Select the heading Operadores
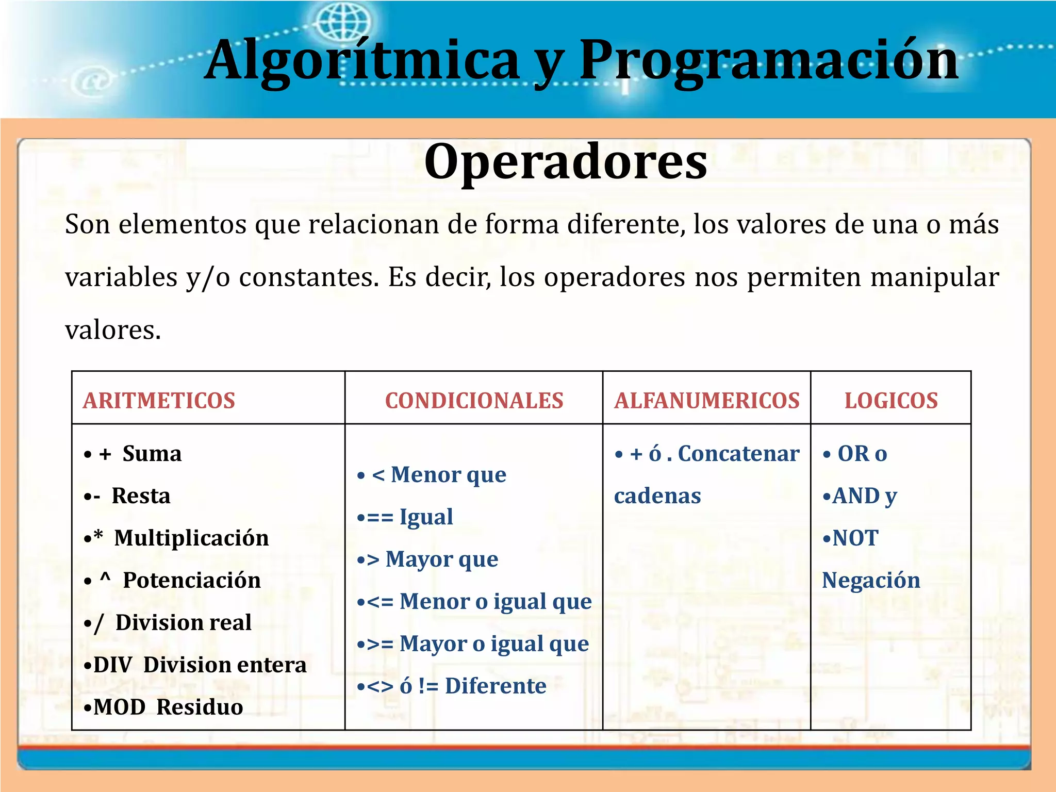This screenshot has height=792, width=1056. (x=566, y=161)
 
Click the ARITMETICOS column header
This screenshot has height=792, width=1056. (x=159, y=401)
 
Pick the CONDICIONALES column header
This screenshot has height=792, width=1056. (x=474, y=401)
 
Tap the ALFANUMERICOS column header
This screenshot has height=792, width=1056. (x=706, y=401)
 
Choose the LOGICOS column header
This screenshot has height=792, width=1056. (x=890, y=401)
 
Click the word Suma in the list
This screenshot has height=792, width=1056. (x=152, y=454)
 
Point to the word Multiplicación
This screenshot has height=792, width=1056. (x=191, y=538)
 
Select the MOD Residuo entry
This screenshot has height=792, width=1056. (x=163, y=707)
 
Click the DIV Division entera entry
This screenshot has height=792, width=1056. (x=195, y=665)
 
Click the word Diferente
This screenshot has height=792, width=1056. (x=496, y=686)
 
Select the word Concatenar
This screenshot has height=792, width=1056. (x=738, y=454)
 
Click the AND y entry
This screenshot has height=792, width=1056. (x=860, y=496)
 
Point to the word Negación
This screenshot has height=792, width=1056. (x=871, y=580)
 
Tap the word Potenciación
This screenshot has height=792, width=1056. (x=192, y=580)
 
